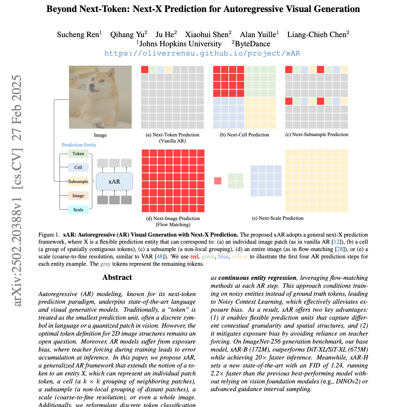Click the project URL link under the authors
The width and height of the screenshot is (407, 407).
point(202,53)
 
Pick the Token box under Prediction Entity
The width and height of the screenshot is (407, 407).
point(78,154)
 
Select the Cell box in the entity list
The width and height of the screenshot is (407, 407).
point(78,167)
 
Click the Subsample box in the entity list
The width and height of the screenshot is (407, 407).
point(78,181)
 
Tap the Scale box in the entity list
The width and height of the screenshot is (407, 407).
point(78,210)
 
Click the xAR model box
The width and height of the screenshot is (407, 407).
point(114,181)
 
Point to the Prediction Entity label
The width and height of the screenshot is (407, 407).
point(79,145)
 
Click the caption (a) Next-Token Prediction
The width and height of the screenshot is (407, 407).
point(172,135)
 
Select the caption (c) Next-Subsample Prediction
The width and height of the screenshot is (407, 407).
point(317,135)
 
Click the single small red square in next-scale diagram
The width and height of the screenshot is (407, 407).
point(218,181)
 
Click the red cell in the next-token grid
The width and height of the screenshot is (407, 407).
point(145,70)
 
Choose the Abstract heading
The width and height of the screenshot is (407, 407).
point(117,277)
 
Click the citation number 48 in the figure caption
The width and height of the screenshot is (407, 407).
point(159,257)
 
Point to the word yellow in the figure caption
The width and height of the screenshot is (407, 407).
point(240,257)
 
